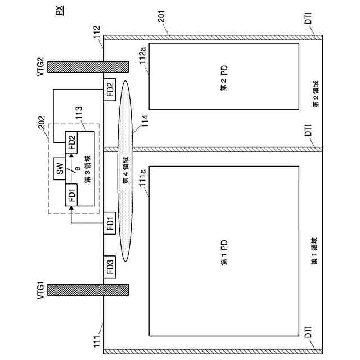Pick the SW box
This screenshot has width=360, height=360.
[x=58, y=169]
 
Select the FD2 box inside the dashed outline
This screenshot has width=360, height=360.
[x=72, y=140]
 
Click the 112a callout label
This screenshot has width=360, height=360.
[x=142, y=56]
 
